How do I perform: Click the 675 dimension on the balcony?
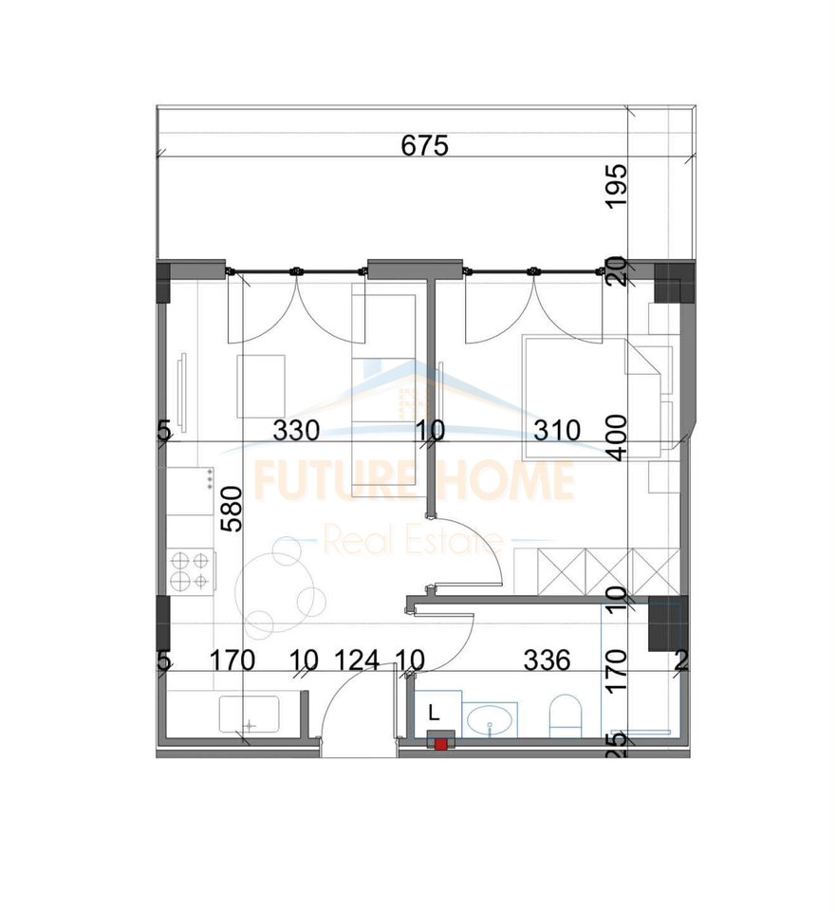tap(425, 145)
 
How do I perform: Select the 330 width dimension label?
tap(296, 431)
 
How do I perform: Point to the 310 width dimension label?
tap(557, 431)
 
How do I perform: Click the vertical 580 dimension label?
tap(232, 509)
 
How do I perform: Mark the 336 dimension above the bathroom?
tap(547, 660)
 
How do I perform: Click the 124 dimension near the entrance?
tap(357, 660)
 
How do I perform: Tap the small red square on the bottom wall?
tap(441, 744)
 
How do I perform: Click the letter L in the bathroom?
tap(434, 711)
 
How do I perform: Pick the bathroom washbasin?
tap(491, 718)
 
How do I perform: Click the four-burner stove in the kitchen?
tap(191, 570)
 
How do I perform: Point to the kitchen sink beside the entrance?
tap(250, 714)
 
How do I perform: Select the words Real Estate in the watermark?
tap(413, 540)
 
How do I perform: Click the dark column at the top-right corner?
tap(674, 283)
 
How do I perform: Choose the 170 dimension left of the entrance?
tap(232, 660)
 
